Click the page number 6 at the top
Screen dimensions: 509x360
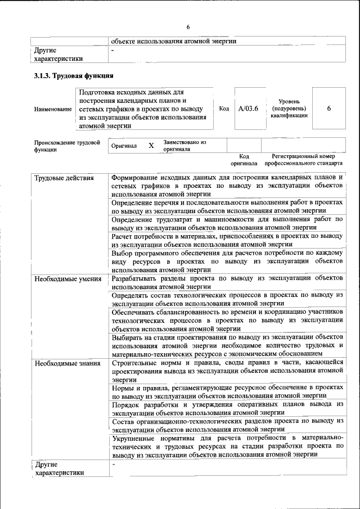pos(188,27)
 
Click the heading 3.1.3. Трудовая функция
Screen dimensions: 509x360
pos(74,75)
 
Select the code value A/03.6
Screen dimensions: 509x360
pos(247,109)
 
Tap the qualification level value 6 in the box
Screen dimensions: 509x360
pos(328,109)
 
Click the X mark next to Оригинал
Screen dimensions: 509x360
pos(151,146)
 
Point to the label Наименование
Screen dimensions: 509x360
pos(53,109)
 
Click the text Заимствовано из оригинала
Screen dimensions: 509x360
pos(185,146)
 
